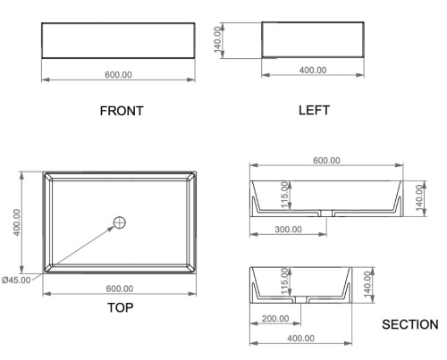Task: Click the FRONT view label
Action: pos(122,111)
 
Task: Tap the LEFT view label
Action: pos(314,110)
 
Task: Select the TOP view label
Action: pos(120,307)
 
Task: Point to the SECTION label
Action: pos(410,324)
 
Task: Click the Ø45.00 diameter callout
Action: pos(16,280)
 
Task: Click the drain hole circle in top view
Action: pos(120,222)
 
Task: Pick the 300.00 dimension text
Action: pos(288,230)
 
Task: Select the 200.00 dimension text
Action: pos(275,319)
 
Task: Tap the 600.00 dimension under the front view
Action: pos(118,75)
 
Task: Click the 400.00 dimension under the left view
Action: pos(313,71)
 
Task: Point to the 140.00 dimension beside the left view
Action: pos(218,39)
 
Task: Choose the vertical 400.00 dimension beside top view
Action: pos(17,222)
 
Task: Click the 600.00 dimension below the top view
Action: pos(120,289)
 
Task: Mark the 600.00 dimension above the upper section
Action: pos(326,161)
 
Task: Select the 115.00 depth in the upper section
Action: pos(285,195)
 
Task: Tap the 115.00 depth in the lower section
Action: pos(285,281)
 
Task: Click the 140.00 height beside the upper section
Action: pos(419,198)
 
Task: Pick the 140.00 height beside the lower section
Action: pos(368,285)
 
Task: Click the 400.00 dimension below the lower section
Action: pos(300,339)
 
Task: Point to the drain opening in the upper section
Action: pos(326,213)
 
